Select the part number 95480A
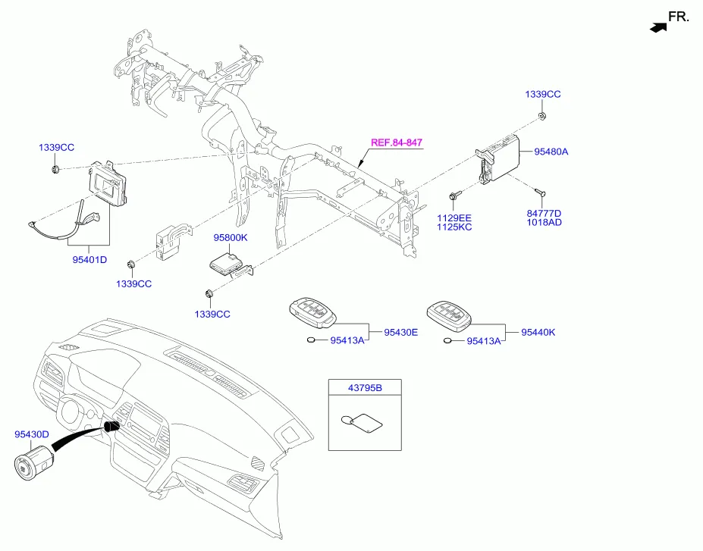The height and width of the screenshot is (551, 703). tap(551, 152)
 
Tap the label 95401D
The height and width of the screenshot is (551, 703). tap(89, 260)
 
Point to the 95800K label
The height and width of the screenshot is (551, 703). tap(230, 238)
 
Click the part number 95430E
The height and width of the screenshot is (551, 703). tap(400, 332)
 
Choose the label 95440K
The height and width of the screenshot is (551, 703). tap(538, 332)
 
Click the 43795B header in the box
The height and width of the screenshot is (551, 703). tap(365, 388)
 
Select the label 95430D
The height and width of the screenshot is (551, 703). tap(32, 434)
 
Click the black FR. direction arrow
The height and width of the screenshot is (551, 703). tap(658, 27)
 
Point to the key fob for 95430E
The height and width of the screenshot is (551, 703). tap(312, 313)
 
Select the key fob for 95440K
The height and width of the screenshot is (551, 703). tap(448, 313)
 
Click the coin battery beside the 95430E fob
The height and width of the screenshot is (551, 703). tap(311, 341)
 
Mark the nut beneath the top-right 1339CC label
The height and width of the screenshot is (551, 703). tap(543, 116)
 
